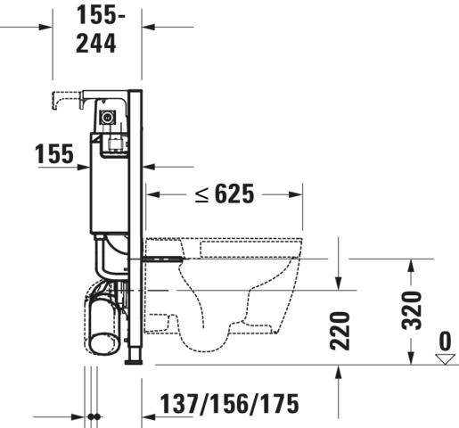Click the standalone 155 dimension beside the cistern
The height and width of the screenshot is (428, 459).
tap(54, 154)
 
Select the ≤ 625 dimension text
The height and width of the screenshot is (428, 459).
tap(225, 193)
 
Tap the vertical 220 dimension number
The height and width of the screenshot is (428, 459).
tap(340, 331)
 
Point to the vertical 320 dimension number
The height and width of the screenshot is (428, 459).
tap(412, 310)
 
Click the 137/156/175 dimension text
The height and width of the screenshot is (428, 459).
tap(230, 404)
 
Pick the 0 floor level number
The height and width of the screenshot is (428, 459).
tap(445, 341)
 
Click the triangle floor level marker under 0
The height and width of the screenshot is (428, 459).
tap(445, 359)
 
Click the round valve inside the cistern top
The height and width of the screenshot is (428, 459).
tap(106, 117)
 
